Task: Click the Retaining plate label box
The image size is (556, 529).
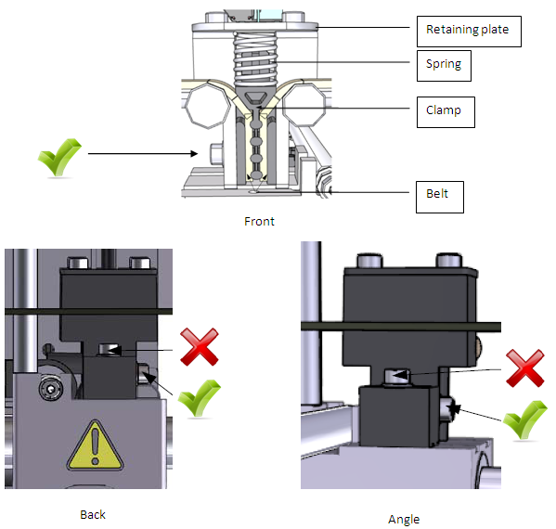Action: point(469,32)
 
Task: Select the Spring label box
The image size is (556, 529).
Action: point(444,66)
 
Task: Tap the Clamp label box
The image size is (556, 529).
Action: point(446,112)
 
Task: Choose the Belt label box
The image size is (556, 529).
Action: point(440,197)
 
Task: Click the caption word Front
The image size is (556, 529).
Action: point(259,222)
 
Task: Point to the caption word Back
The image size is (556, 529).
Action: point(93,514)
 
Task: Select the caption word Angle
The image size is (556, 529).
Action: point(404,520)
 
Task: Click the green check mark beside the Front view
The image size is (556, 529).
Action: point(59,157)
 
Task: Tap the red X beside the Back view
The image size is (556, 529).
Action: point(200,347)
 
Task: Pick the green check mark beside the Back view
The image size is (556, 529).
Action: point(199,398)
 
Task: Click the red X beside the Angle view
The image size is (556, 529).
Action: point(524,368)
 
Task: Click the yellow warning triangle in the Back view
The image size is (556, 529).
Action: point(95,445)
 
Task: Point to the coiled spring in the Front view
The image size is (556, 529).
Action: point(255,58)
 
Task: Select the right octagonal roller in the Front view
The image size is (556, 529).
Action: point(304,104)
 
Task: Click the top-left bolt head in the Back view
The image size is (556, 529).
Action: point(78,263)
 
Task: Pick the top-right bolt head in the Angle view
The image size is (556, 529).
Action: point(449,261)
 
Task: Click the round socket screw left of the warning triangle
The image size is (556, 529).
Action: point(51,389)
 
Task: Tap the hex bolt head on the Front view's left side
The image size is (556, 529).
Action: point(216,154)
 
